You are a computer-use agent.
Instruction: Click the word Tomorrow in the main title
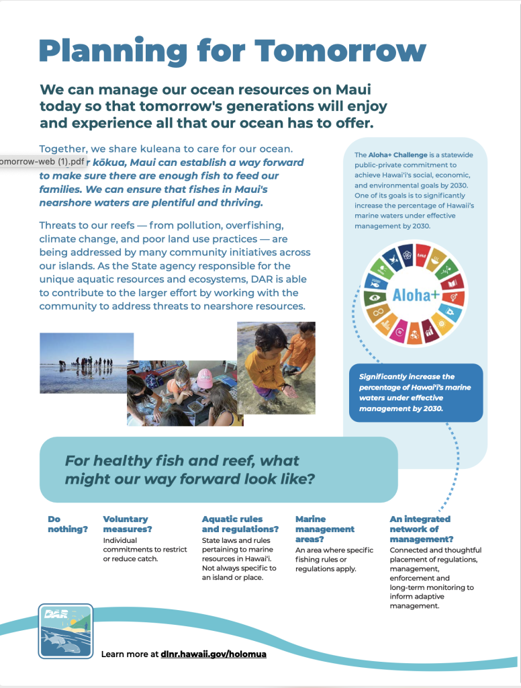click(x=340, y=51)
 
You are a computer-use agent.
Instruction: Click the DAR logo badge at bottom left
click(x=65, y=630)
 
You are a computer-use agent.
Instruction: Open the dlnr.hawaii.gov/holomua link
click(x=214, y=653)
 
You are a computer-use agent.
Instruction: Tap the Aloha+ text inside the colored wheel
click(x=416, y=294)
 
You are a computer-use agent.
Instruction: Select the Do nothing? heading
click(x=67, y=524)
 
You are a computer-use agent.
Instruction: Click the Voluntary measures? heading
click(x=128, y=524)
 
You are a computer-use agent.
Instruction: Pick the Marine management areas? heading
click(x=324, y=529)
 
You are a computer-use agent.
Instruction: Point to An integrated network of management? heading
click(x=421, y=529)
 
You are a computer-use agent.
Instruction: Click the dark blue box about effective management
click(x=415, y=392)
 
